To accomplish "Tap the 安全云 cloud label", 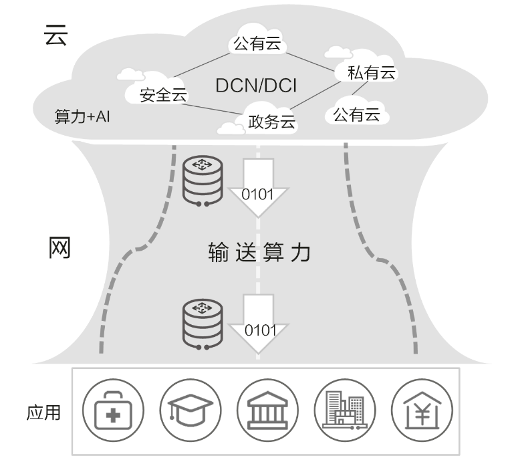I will tap(162, 95).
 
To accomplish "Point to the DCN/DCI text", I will tap(257, 86).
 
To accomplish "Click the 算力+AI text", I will tap(82, 116).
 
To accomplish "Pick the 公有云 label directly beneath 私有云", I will tap(356, 114).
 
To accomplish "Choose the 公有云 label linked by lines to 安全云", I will tap(258, 45).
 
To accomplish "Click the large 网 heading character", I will tap(59, 248).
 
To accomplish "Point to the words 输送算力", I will tap(259, 253).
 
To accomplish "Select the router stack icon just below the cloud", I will tap(202, 179).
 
